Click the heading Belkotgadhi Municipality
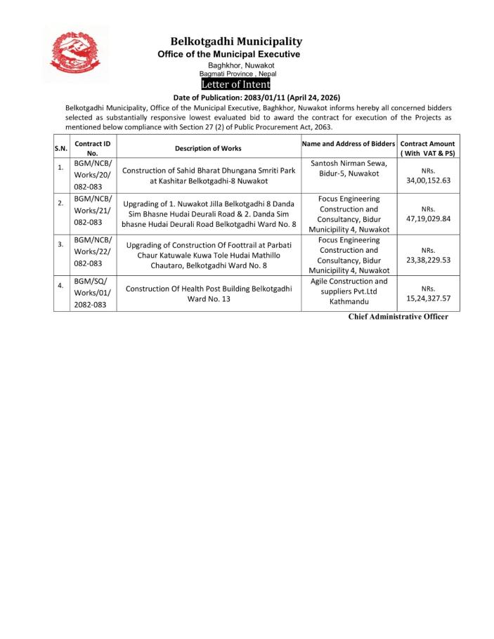click(236, 42)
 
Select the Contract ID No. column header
click(93, 147)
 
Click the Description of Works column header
click(208, 148)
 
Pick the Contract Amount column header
click(427, 147)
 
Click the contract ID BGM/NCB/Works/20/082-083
click(92, 175)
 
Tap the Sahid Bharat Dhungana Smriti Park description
click(208, 175)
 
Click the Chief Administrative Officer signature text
click(398, 317)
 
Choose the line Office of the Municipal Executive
click(228, 54)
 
